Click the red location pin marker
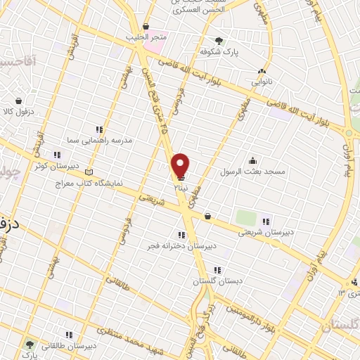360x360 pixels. pos(181,165)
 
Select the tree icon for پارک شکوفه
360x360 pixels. pos(219,41)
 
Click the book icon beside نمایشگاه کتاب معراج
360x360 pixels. pos(88,172)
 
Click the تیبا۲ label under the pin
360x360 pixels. pos(182,188)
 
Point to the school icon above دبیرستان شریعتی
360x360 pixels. pos(266,221)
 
